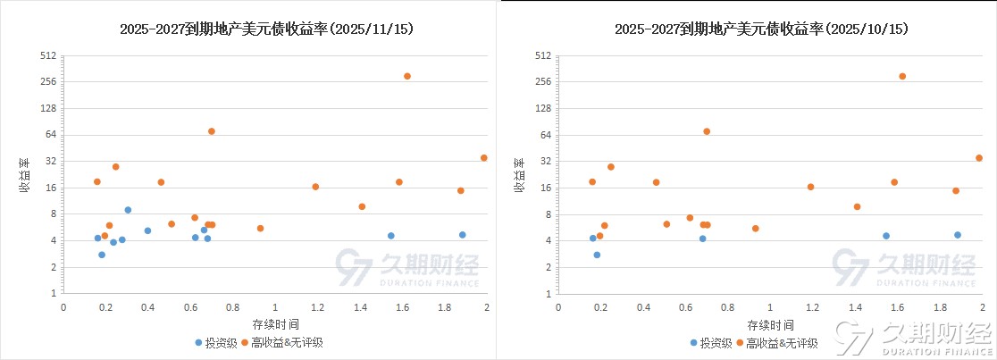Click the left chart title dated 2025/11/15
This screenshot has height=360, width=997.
[266, 29]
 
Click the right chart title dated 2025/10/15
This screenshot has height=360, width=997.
[761, 29]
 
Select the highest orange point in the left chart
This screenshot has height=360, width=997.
[407, 76]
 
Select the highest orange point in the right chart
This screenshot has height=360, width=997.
[902, 76]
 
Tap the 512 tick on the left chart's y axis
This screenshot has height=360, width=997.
[48, 55]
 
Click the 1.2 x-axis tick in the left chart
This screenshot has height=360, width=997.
[317, 307]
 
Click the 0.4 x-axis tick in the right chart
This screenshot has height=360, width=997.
[643, 307]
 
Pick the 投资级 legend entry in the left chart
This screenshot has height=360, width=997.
[216, 342]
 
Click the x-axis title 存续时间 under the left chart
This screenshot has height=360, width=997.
[275, 323]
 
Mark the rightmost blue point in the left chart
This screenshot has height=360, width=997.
[463, 235]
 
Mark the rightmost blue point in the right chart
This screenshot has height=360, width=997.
[958, 235]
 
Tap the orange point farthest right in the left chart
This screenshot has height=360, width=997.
[484, 158]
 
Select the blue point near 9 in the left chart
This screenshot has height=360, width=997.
[128, 210]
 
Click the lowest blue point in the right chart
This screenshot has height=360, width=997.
[597, 255]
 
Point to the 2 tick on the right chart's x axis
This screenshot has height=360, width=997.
[982, 307]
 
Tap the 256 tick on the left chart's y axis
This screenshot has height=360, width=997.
[48, 81]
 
